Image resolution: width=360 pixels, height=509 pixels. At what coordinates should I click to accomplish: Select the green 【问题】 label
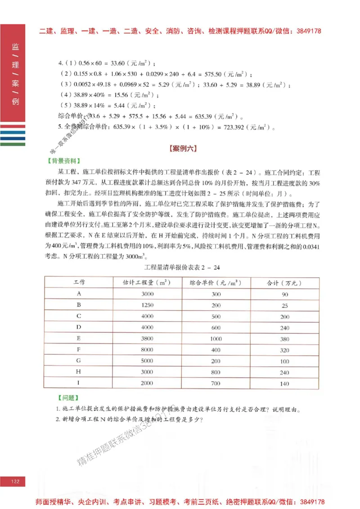point(68,397)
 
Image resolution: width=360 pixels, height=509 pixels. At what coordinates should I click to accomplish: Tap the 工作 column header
point(79,283)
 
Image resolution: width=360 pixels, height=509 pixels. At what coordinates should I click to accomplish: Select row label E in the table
point(79,339)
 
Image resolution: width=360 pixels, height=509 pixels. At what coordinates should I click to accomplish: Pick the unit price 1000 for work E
point(216,339)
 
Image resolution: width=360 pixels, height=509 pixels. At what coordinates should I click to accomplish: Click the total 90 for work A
point(285,294)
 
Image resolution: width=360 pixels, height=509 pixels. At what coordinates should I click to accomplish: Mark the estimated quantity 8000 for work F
point(147,350)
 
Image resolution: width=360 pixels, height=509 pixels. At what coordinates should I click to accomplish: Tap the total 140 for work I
point(284,384)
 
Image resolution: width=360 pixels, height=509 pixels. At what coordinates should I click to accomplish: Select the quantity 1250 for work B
point(147,305)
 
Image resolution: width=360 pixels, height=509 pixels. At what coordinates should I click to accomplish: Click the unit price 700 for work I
point(216,384)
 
